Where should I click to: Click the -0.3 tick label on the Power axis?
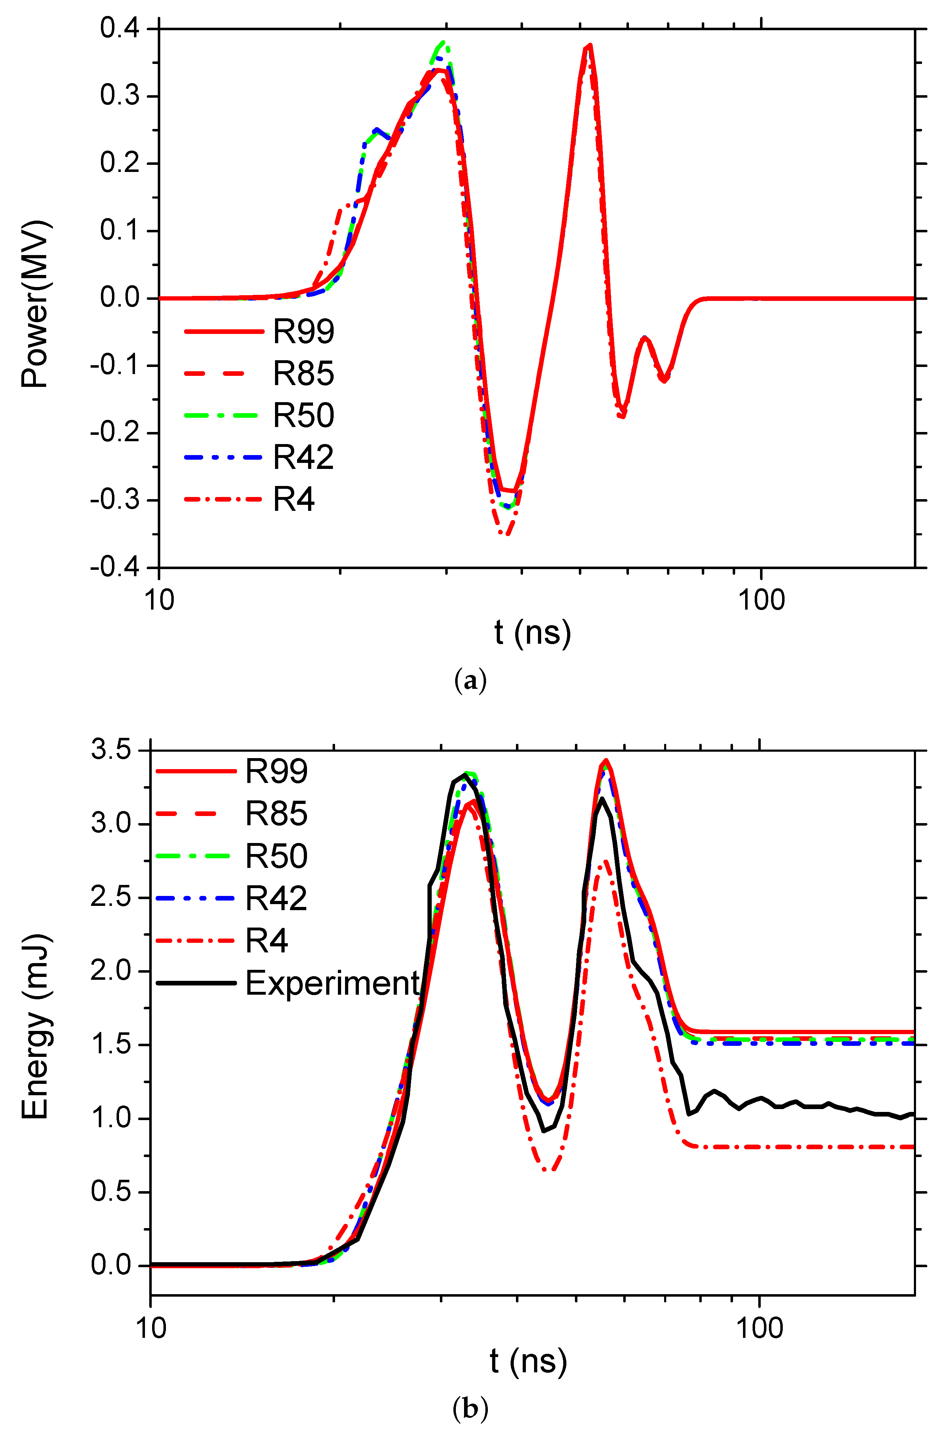[x=115, y=501]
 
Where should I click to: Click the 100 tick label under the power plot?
[x=761, y=600]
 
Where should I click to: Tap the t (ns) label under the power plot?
[x=532, y=633]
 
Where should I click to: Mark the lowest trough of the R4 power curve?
[x=507, y=534]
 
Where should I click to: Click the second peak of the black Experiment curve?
[x=602, y=799]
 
